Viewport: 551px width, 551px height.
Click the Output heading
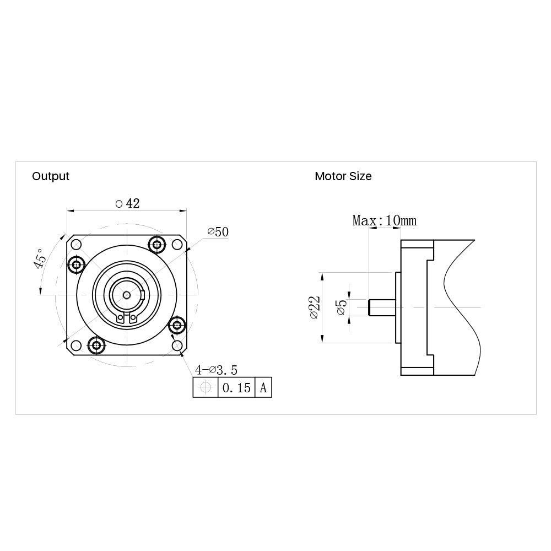coord(51,176)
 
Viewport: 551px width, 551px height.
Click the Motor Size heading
coord(343,176)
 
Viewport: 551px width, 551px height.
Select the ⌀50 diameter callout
coord(218,231)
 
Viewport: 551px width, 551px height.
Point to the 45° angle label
coord(40,258)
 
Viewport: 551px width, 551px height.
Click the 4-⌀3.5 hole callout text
coord(216,370)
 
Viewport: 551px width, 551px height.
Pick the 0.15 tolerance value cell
coord(236,387)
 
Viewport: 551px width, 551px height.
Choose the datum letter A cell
coord(263,387)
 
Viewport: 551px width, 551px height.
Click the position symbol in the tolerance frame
coord(206,387)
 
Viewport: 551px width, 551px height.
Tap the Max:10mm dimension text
coord(385,221)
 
